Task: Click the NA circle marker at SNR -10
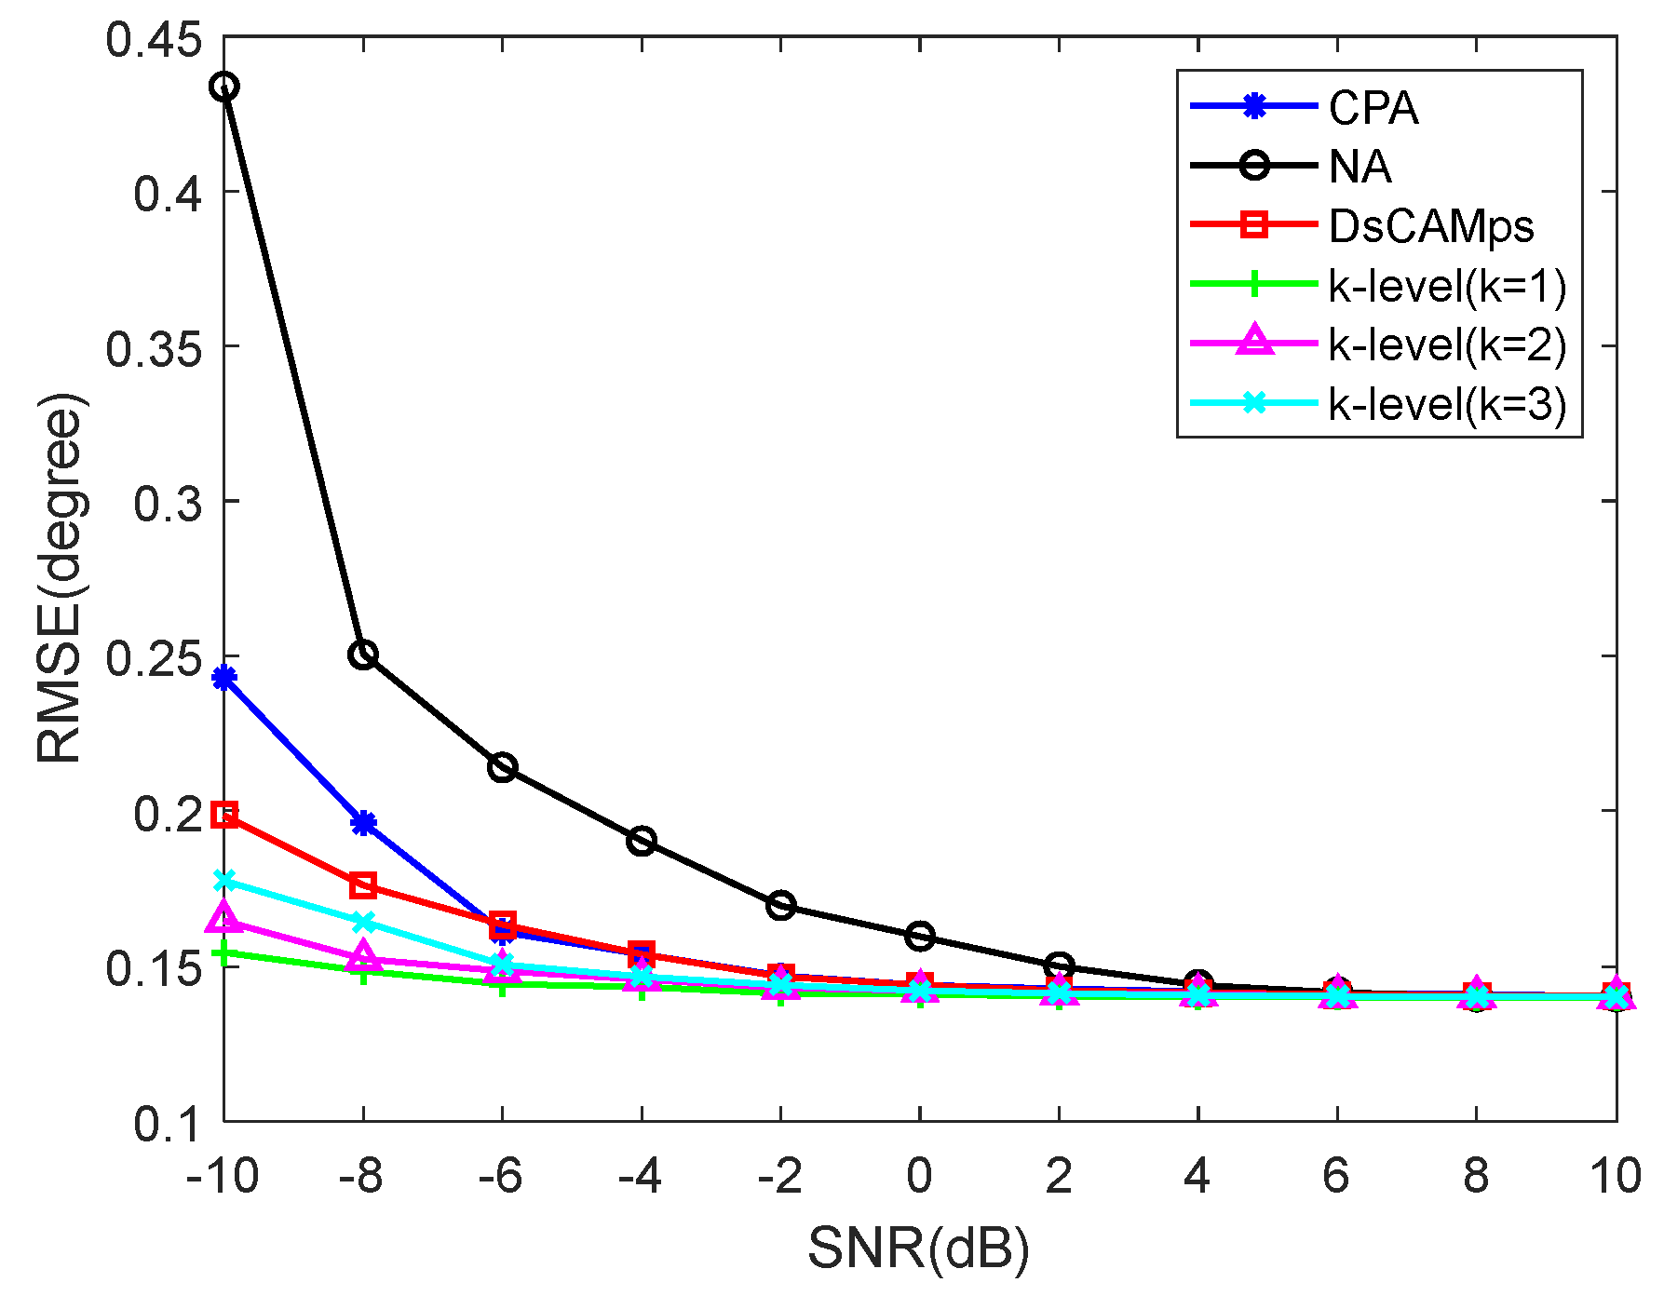(224, 88)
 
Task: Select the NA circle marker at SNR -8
(363, 655)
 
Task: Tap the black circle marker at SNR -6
(503, 768)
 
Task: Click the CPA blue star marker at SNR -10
(224, 678)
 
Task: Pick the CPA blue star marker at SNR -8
(363, 823)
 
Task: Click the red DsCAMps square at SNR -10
(224, 816)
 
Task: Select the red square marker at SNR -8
(363, 885)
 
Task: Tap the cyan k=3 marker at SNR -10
(224, 881)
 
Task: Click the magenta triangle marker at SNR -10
(224, 918)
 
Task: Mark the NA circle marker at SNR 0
(920, 937)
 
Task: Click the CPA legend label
(1373, 109)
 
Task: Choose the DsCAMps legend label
(1430, 226)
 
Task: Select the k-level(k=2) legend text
(1447, 344)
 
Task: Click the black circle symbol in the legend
(1254, 167)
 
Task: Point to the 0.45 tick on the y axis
(154, 40)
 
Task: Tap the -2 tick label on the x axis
(779, 1177)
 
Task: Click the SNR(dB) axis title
(918, 1249)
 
